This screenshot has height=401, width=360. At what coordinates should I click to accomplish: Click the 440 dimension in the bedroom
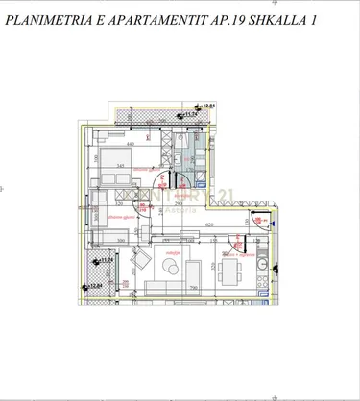[x=129, y=144]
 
